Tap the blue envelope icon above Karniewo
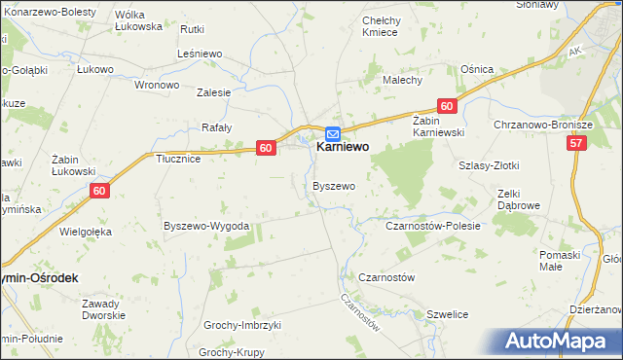coord(332,133)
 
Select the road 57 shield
coord(578,143)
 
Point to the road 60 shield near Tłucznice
coord(266,147)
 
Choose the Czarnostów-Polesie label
coord(434,226)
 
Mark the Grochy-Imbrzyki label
coord(241,325)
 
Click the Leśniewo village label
coord(202,55)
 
